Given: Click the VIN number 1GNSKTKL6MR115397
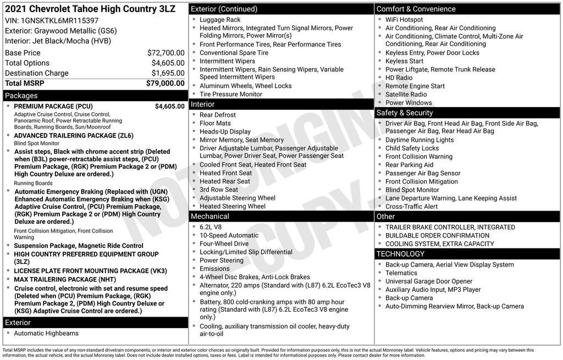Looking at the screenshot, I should pyautogui.click(x=60, y=20).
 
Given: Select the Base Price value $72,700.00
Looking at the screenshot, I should pyautogui.click(x=165, y=53).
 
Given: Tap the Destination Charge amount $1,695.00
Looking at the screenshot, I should pyautogui.click(x=168, y=73).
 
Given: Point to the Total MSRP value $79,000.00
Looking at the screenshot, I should pyautogui.click(x=165, y=83).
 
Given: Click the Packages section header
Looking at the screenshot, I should pyautogui.click(x=21, y=96).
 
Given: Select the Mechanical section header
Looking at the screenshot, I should pyautogui.click(x=209, y=217).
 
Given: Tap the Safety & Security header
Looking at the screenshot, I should pyautogui.click(x=405, y=113).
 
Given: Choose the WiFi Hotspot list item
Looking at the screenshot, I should pyautogui.click(x=404, y=20).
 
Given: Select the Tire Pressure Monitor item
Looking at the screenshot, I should pyautogui.click(x=230, y=94).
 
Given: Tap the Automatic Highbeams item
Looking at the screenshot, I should pyautogui.click(x=46, y=333).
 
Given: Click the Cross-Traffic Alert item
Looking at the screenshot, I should pyautogui.click(x=411, y=206).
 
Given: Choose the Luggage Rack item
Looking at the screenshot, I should pyautogui.click(x=220, y=20).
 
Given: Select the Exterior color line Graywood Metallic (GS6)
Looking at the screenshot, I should pyautogui.click(x=60, y=31).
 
